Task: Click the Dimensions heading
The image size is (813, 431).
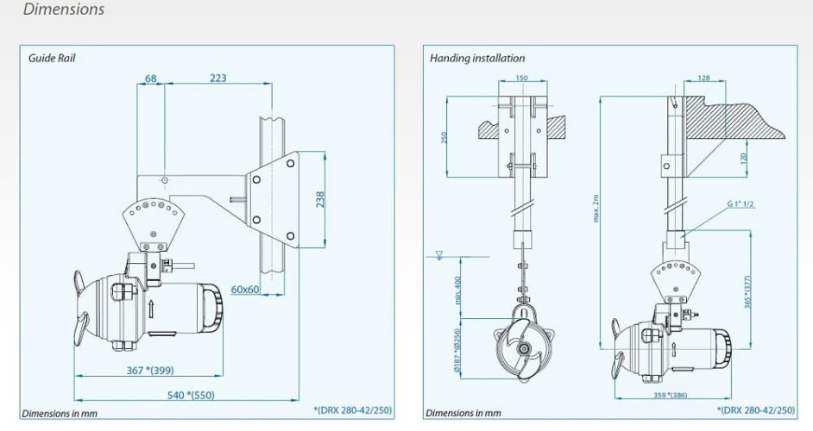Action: [64, 9]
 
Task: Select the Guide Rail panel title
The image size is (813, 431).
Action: [53, 59]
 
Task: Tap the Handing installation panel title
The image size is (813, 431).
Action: [477, 59]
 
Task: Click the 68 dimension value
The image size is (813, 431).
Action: [151, 78]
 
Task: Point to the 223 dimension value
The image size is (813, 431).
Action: [217, 78]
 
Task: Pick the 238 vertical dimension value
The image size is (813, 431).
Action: [320, 200]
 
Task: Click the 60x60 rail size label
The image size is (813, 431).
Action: [247, 289]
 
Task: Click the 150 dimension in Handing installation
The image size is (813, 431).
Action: [521, 78]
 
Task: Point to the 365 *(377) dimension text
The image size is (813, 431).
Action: [747, 290]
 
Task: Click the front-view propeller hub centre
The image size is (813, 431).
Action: [522, 348]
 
